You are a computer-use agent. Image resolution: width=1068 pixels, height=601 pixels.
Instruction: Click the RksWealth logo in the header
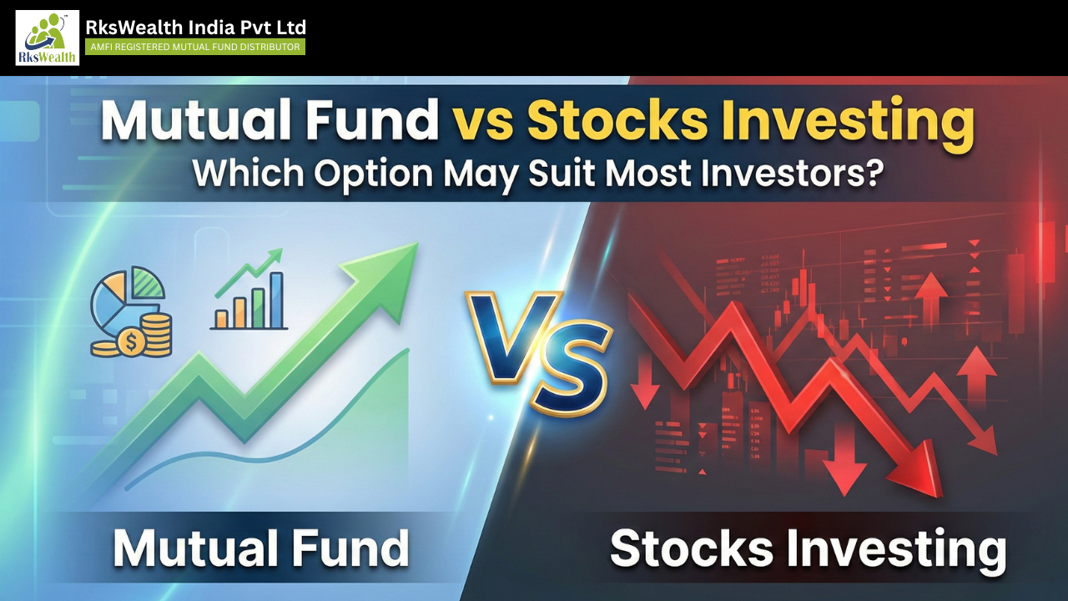[47, 38]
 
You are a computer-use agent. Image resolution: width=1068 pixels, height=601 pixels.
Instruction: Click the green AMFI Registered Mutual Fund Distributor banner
[195, 48]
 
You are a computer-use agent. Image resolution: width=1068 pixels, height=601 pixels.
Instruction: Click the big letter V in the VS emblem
[506, 330]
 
